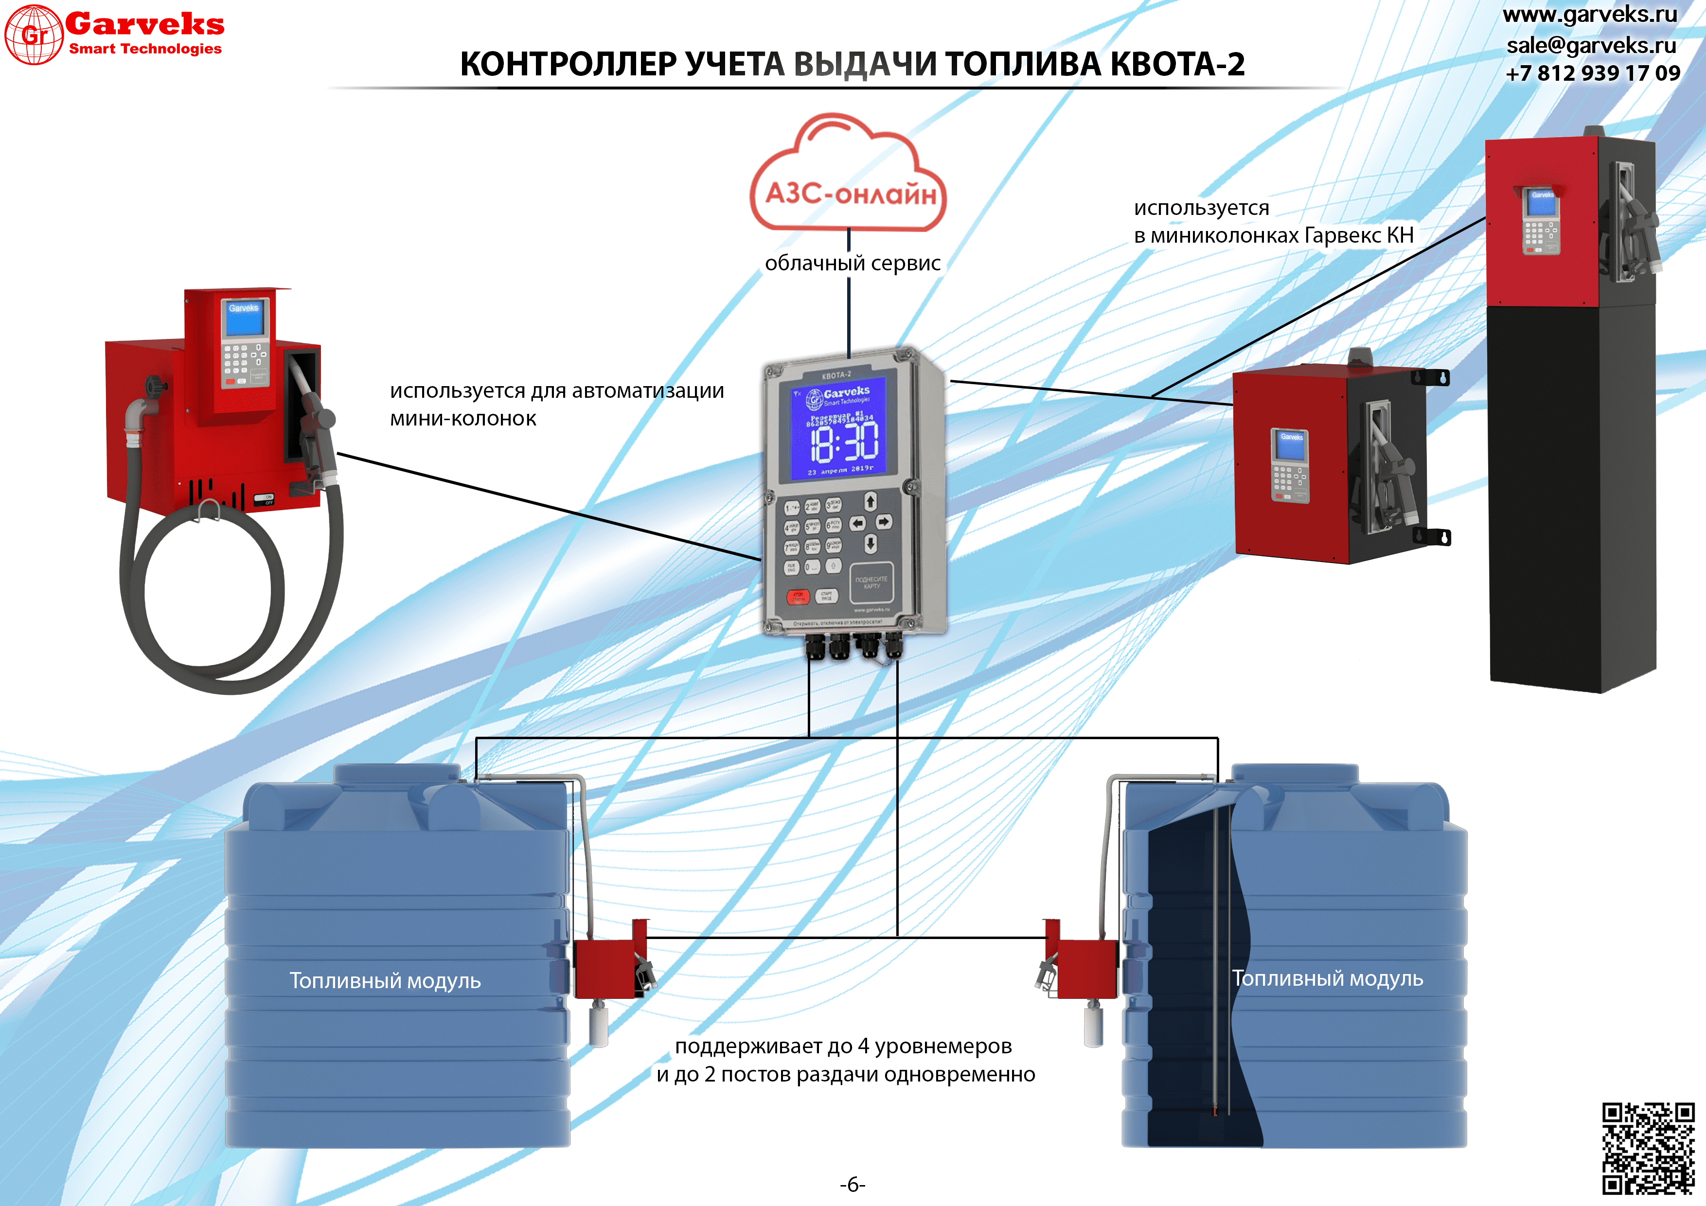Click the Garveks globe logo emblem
click(x=34, y=34)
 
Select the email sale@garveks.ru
click(x=1591, y=45)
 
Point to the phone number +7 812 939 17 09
click(x=1592, y=73)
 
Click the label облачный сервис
click(x=852, y=263)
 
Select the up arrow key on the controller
click(x=870, y=501)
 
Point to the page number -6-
click(x=852, y=1184)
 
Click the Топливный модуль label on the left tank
click(x=385, y=981)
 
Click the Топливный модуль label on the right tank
click(x=1327, y=978)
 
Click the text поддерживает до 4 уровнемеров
click(x=843, y=1046)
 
